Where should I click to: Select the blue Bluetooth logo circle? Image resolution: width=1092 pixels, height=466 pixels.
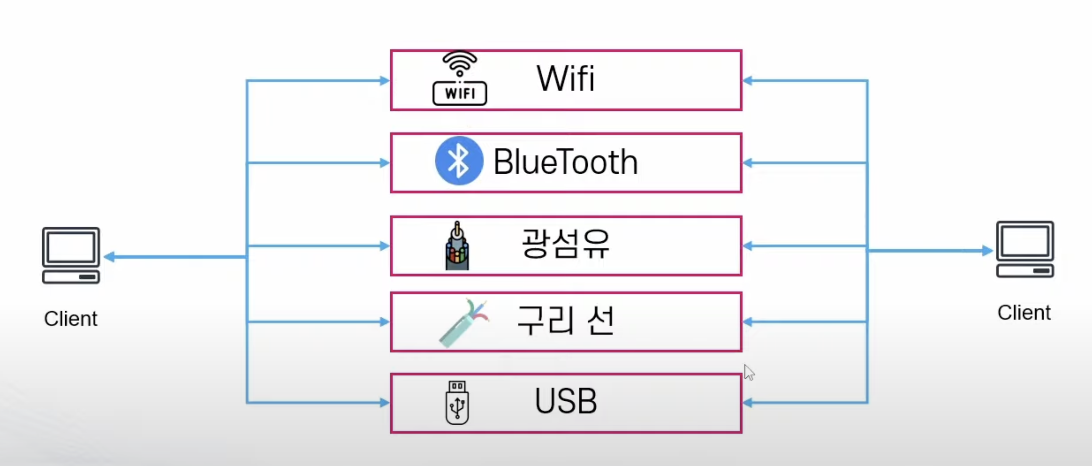(459, 161)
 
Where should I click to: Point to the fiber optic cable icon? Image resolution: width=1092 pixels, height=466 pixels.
(457, 246)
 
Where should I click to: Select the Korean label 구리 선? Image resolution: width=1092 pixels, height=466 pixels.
(566, 320)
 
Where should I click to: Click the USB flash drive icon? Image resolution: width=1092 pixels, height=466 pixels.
(457, 402)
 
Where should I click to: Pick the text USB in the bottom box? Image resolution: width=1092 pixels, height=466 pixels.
(566, 401)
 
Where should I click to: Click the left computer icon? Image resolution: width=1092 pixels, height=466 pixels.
(71, 255)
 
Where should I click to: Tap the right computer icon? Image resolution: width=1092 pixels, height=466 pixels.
(1025, 249)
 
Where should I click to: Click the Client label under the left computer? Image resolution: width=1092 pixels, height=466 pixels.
(71, 319)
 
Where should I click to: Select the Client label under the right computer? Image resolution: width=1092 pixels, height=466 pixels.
(1024, 313)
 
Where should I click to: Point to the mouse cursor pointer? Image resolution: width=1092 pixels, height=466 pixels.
(749, 372)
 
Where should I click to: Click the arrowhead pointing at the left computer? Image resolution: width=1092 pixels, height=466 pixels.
(109, 257)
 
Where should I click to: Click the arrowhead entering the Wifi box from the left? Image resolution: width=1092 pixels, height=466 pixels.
(384, 81)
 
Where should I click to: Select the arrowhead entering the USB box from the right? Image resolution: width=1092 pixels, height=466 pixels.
(748, 402)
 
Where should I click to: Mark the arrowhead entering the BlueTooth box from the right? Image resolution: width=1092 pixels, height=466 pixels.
(748, 163)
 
